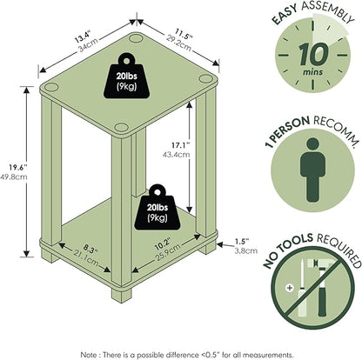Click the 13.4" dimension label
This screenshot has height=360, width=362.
[82, 37]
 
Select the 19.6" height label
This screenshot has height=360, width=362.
[18, 167]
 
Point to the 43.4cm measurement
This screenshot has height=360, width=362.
[177, 154]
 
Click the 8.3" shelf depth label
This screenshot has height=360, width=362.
[90, 248]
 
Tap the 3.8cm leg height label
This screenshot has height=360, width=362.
[246, 250]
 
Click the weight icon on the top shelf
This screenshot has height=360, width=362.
[127, 76]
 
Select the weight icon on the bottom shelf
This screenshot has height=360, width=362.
[158, 207]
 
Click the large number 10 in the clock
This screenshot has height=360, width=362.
[313, 54]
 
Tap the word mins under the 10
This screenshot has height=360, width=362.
[312, 71]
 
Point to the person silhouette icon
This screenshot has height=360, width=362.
[312, 170]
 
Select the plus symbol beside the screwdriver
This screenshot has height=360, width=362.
[289, 288]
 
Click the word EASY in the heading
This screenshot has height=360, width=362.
[285, 15]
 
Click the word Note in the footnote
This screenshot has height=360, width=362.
[88, 355]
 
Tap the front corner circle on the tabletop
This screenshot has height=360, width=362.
[121, 127]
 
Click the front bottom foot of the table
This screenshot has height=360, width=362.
[121, 295]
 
